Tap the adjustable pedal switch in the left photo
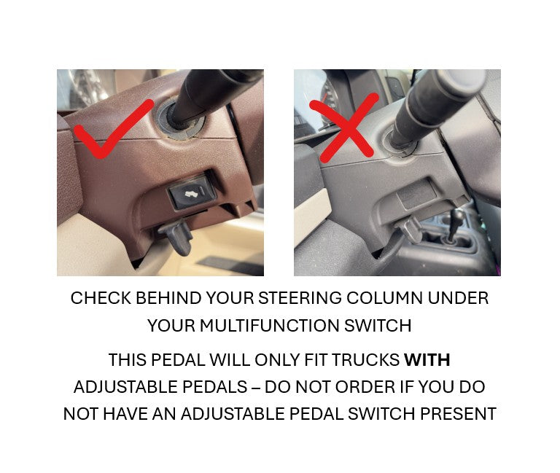(x=192, y=193)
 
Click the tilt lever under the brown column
(x=177, y=235)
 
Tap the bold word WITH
(x=427, y=360)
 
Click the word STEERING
(x=300, y=298)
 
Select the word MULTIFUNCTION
(x=270, y=326)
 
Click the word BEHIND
(x=168, y=298)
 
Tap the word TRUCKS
(x=366, y=360)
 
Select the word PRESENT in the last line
(x=458, y=414)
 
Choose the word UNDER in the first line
(x=458, y=298)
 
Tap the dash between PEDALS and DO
(x=256, y=387)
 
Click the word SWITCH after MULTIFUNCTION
(x=378, y=326)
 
